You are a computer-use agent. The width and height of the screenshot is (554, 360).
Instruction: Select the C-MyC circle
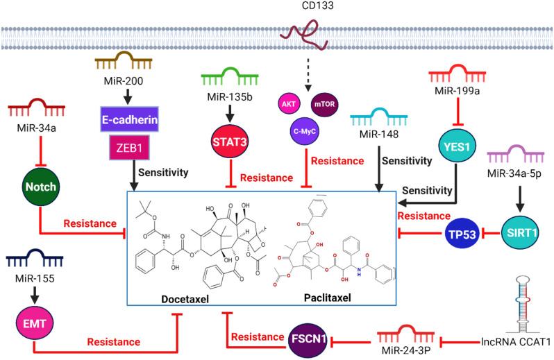point(303,130)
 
